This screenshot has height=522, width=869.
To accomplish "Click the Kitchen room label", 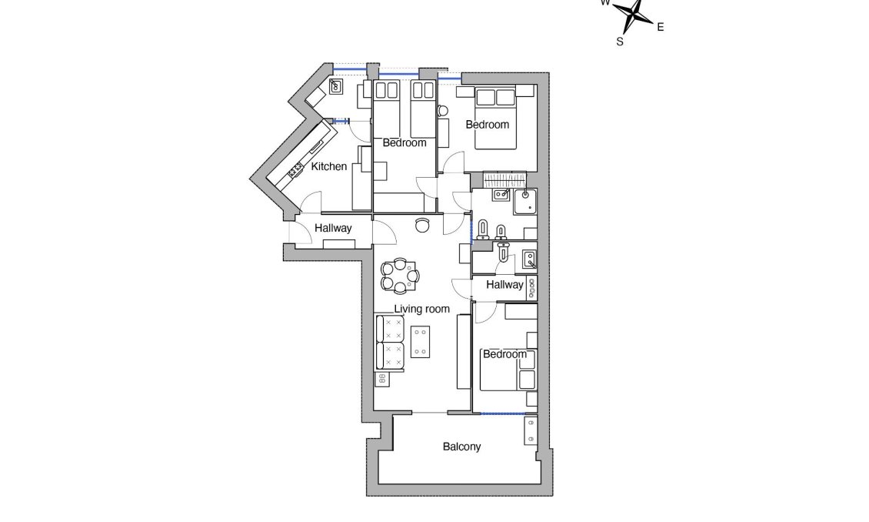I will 328,167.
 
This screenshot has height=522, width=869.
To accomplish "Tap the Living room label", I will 421,310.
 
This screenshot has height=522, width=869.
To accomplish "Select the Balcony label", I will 461,447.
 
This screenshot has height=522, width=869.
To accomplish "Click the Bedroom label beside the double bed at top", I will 488,124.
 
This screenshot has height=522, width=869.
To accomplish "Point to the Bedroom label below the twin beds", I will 405,143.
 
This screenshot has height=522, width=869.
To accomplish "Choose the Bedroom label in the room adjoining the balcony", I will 504,354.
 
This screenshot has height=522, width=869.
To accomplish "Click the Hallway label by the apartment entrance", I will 333,229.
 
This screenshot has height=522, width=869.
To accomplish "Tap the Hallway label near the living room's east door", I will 505,284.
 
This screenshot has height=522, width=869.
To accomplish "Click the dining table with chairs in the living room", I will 400,276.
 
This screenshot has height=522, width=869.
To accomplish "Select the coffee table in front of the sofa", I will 421,342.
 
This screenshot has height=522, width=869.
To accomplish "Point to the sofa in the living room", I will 390,340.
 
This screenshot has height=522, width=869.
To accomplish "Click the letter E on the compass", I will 660,27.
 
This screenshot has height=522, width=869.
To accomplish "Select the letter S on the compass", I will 620,42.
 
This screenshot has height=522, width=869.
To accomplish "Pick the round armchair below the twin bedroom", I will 422,225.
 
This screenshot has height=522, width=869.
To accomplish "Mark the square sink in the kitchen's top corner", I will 336,86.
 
